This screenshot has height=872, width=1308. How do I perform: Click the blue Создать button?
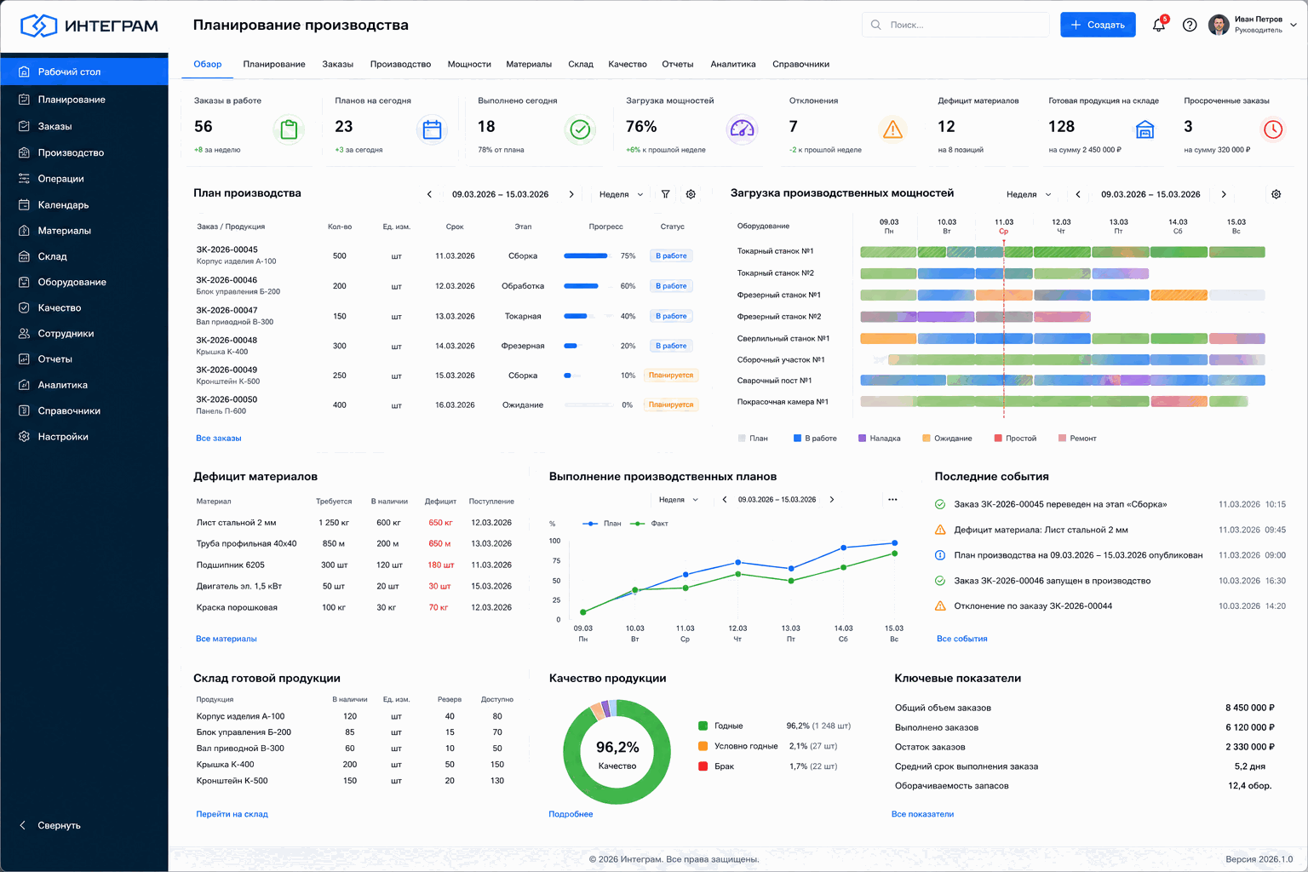pyautogui.click(x=1097, y=25)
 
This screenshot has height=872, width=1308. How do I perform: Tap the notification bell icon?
pyautogui.click(x=1158, y=25)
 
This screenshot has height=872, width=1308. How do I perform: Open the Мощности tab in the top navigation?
pyautogui.click(x=469, y=64)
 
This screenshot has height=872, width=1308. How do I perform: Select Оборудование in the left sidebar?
pyautogui.click(x=72, y=282)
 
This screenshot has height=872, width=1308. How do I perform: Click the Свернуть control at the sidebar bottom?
pyautogui.click(x=59, y=825)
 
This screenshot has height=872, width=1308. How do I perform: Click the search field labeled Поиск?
pyautogui.click(x=955, y=25)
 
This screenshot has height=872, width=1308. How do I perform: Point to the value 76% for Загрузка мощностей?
pyautogui.click(x=641, y=127)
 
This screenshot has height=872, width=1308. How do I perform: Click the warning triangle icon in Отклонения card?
pyautogui.click(x=892, y=129)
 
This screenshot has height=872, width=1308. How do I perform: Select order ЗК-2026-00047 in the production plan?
pyautogui.click(x=227, y=310)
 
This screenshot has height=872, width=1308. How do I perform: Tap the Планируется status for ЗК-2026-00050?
pyautogui.click(x=671, y=404)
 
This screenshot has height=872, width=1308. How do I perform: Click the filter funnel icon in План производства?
pyautogui.click(x=665, y=194)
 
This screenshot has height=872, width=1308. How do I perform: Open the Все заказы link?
pyautogui.click(x=218, y=438)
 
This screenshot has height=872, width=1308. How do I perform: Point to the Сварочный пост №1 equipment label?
pyautogui.click(x=774, y=381)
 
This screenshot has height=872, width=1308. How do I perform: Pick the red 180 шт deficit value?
pyautogui.click(x=441, y=565)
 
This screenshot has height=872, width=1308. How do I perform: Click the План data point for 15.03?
pyautogui.click(x=894, y=543)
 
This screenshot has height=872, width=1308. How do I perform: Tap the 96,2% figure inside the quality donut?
pyautogui.click(x=617, y=747)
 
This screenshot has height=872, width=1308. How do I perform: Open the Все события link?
pyautogui.click(x=961, y=639)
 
